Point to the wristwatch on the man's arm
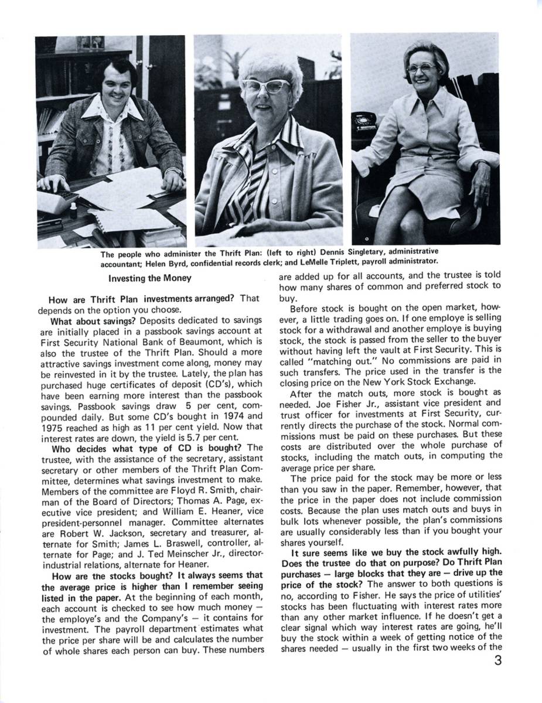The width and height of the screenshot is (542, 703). pyautogui.click(x=174, y=172)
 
